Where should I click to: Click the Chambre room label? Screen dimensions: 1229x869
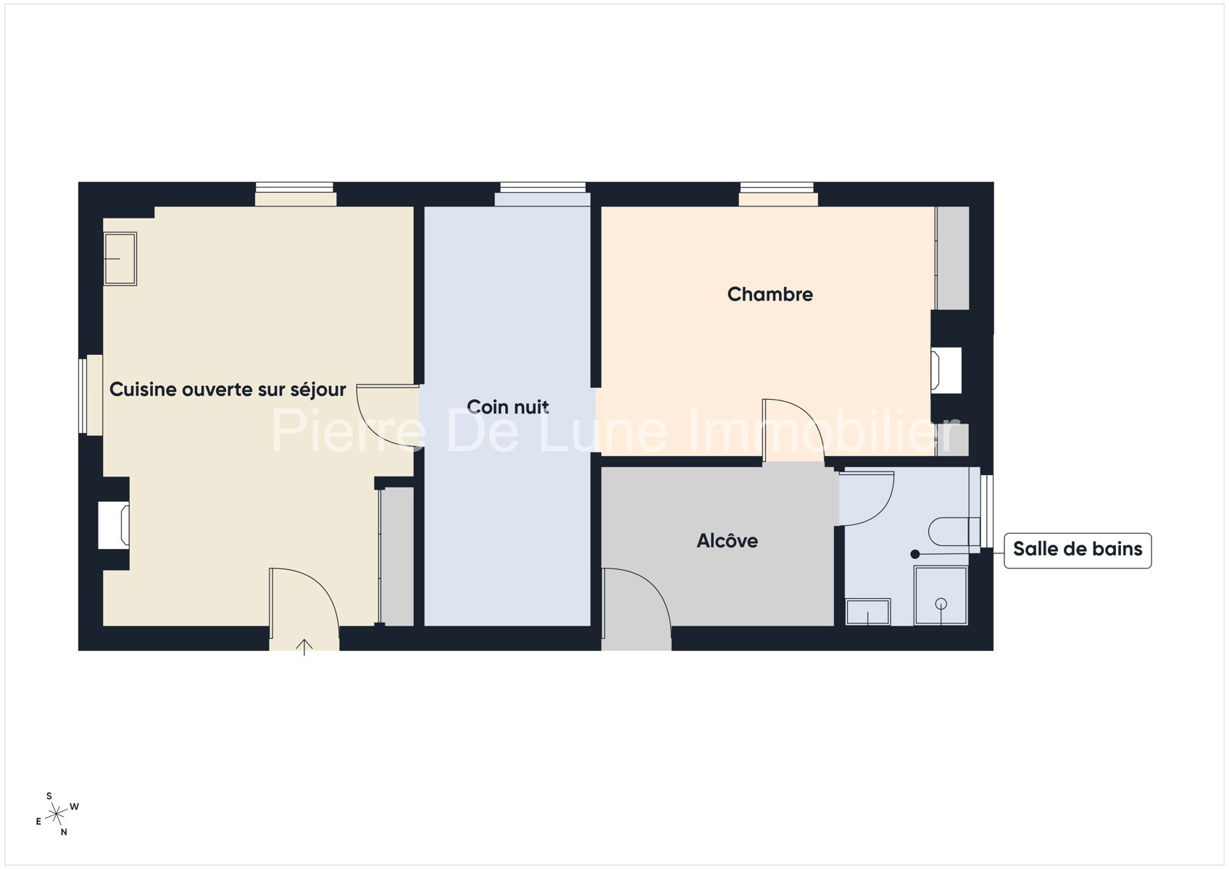coord(770,295)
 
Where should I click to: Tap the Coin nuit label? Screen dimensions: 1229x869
coord(507,407)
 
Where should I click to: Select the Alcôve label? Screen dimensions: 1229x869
coord(727,541)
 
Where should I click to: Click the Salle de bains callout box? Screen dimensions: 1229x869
coord(1078,550)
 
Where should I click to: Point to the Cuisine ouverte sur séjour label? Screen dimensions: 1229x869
coord(228,390)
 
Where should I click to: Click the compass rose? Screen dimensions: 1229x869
coord(57,815)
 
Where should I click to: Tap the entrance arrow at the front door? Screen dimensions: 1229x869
coord(304,647)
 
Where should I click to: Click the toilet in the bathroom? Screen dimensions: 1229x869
coord(954,532)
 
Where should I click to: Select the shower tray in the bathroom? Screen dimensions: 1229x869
coord(941,595)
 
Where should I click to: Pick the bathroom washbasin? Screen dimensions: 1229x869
coord(868,612)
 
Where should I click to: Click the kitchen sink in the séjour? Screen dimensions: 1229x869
coord(120,259)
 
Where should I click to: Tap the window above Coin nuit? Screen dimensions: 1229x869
coord(543,188)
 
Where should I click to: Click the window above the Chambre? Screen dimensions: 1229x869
coord(776,188)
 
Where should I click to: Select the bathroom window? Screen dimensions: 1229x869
coord(986,511)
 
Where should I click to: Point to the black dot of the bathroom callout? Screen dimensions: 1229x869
coord(915,554)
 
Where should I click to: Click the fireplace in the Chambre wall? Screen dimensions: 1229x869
coord(946,370)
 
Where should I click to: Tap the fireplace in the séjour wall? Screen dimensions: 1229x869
coord(114,525)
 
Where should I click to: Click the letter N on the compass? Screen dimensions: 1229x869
coord(64,832)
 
